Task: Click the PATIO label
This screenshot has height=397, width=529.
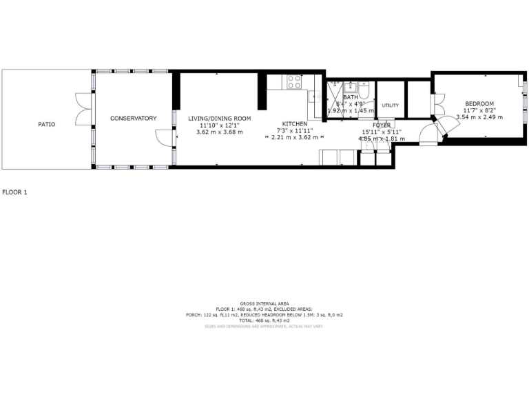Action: point(46,125)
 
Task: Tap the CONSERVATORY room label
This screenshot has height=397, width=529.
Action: point(134,119)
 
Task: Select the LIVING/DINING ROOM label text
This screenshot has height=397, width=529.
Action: point(220,119)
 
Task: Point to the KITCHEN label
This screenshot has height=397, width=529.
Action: point(294,123)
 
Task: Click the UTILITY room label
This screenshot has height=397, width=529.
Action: point(391,105)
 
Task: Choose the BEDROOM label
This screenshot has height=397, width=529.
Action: point(479,103)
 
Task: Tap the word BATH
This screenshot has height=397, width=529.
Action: point(351,97)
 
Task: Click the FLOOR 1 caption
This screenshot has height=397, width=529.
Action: point(14,192)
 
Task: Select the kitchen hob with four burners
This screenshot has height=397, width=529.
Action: point(294,82)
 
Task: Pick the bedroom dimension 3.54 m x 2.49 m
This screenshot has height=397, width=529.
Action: point(479,117)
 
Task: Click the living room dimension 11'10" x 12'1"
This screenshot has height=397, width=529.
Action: point(216,125)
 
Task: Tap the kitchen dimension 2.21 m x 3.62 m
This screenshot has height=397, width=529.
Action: point(294,137)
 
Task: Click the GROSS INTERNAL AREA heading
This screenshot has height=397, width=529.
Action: point(264,303)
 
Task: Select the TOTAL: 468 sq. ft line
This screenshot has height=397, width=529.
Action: point(264,320)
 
